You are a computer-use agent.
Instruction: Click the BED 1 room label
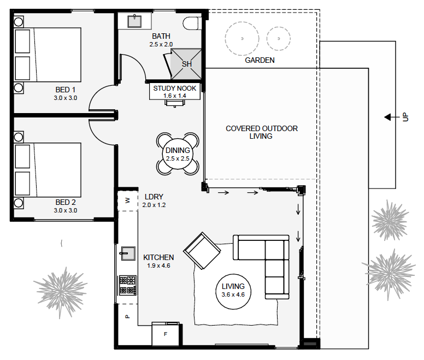pyautogui.click(x=66, y=90)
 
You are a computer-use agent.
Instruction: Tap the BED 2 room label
pyautogui.click(x=66, y=202)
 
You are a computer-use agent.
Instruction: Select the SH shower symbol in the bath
pyautogui.click(x=187, y=63)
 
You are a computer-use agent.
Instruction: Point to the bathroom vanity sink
pyautogui.click(x=135, y=21)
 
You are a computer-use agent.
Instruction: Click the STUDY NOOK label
pyautogui.click(x=174, y=88)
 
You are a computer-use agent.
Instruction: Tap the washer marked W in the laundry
pyautogui.click(x=127, y=200)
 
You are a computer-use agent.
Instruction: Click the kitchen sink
pyautogui.click(x=127, y=253)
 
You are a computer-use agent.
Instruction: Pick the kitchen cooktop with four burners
pyautogui.click(x=127, y=285)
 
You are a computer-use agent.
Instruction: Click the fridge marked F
pyautogui.click(x=166, y=334)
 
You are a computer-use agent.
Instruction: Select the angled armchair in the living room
pyautogui.click(x=203, y=251)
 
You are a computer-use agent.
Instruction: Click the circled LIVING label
pyautogui.click(x=233, y=290)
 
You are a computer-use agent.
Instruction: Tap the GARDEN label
pyautogui.click(x=260, y=60)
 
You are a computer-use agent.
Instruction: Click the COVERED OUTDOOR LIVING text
pyautogui.click(x=262, y=132)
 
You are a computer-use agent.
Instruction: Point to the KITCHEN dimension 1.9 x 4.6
pyautogui.click(x=158, y=265)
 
